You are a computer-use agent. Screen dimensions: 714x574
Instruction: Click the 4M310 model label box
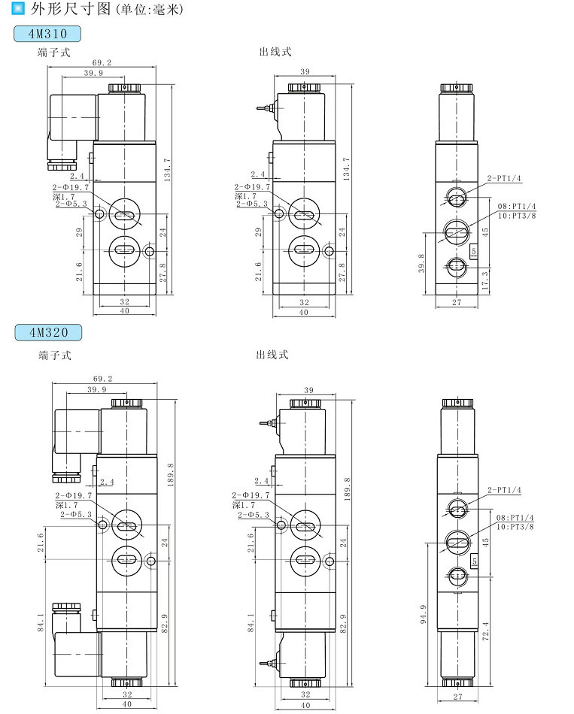tap(47, 34)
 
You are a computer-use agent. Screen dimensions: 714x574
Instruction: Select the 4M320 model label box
tap(47, 331)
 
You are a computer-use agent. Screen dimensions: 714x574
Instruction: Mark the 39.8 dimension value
tap(422, 265)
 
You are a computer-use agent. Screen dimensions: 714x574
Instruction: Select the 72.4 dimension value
tap(486, 631)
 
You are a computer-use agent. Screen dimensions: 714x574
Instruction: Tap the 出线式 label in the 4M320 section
tap(272, 355)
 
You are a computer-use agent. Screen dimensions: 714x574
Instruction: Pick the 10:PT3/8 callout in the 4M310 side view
tap(516, 216)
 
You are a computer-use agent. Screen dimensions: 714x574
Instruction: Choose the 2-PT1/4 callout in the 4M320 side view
tap(504, 489)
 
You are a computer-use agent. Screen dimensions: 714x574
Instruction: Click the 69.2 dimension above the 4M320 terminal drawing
tap(102, 379)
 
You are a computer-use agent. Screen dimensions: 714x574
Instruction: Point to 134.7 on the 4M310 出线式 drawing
tap(346, 170)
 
